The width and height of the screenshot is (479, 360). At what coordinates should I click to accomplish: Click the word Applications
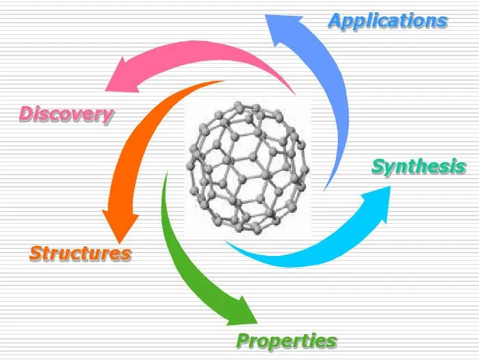(x=387, y=20)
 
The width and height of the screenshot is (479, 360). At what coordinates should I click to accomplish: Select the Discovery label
(x=66, y=114)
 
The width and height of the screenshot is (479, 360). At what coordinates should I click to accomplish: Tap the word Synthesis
(x=419, y=166)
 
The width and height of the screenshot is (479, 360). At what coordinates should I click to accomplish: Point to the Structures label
(x=80, y=253)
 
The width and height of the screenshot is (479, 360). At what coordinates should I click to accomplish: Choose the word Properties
(x=286, y=340)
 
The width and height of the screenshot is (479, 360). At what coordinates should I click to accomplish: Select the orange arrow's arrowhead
(x=119, y=223)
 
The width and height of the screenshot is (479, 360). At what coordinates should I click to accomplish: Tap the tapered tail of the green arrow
(x=164, y=175)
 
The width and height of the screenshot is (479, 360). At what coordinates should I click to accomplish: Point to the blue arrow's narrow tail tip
(x=326, y=188)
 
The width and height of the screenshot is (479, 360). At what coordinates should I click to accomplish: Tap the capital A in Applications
(x=335, y=20)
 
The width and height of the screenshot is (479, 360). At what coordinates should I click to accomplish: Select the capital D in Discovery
(x=26, y=114)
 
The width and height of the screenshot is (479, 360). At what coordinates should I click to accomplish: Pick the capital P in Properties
(x=243, y=340)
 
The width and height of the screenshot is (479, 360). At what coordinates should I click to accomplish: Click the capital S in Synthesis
(x=378, y=166)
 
